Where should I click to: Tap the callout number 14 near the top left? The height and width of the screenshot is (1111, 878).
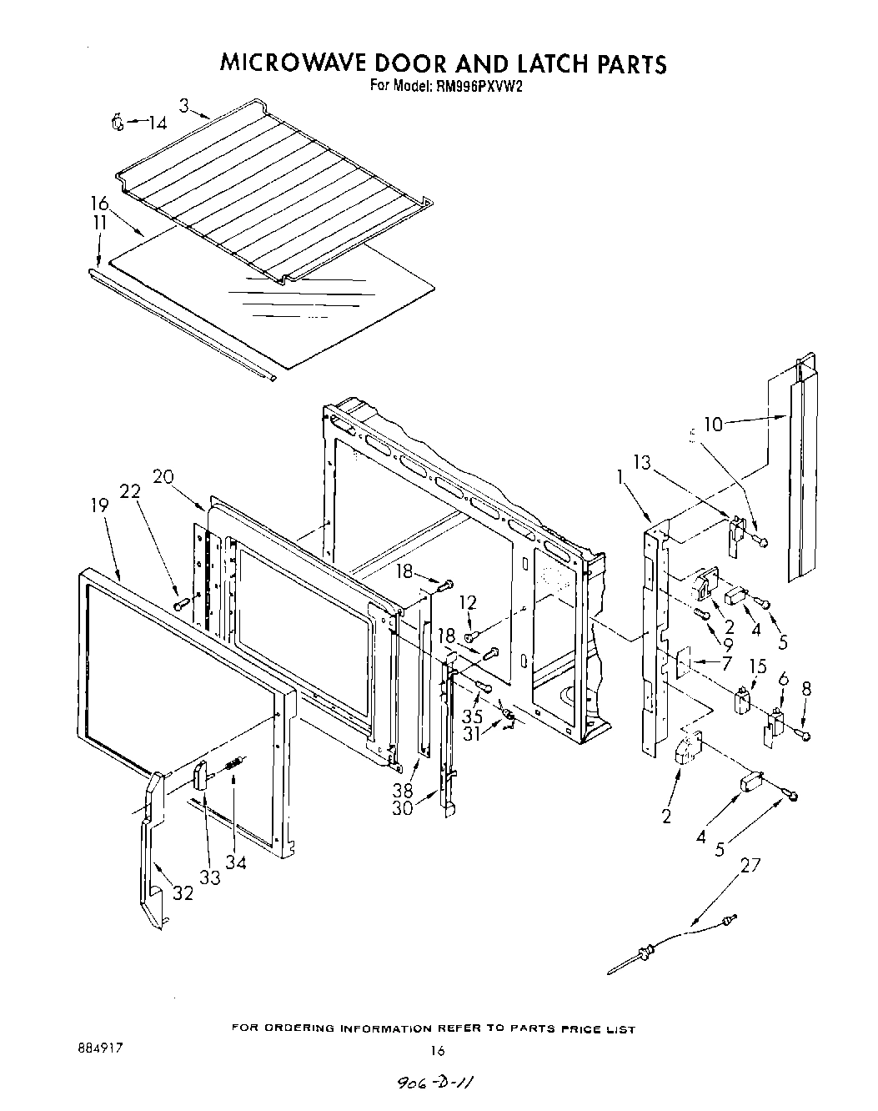tap(157, 123)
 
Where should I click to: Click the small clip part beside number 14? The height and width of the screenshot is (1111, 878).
tap(118, 123)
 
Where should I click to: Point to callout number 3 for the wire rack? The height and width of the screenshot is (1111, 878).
tap(183, 105)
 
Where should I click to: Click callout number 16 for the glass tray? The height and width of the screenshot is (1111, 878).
tap(99, 204)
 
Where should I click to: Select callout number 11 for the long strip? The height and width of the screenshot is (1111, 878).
tap(99, 223)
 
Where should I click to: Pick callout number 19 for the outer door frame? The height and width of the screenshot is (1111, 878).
tap(98, 505)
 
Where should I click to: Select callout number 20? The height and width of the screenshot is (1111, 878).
tap(163, 476)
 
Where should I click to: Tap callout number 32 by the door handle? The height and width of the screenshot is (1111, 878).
tap(183, 893)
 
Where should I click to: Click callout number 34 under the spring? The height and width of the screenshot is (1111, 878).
tap(236, 863)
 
